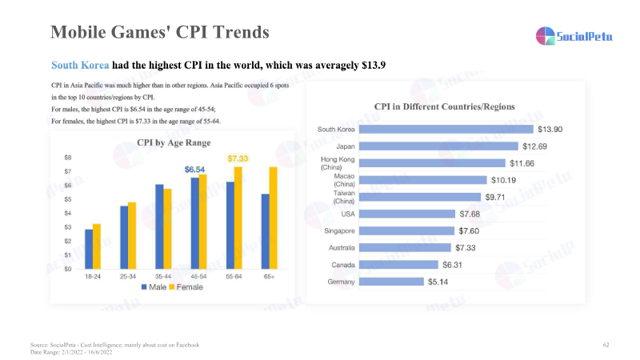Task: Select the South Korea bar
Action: click(x=447, y=129)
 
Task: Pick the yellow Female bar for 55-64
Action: click(x=238, y=218)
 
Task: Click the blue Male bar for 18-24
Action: click(x=89, y=250)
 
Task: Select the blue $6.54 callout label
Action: click(x=194, y=170)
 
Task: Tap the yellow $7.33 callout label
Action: click(x=238, y=158)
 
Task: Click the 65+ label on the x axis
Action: click(x=269, y=277)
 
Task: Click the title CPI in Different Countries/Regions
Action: click(x=444, y=106)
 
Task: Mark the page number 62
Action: click(x=606, y=344)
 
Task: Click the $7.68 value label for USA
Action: click(x=470, y=214)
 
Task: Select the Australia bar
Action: click(x=406, y=247)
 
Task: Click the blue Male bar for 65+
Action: click(x=265, y=231)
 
